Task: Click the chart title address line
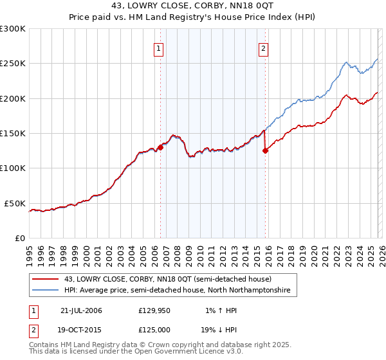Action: coord(192,6)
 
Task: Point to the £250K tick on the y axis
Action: coord(13,64)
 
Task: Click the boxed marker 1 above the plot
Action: coord(158,48)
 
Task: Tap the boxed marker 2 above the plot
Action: coord(264,48)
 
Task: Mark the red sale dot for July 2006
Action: coord(160,147)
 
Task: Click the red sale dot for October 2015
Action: coord(265,151)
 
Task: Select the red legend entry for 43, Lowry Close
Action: coord(168,279)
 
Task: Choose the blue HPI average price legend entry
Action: coord(177,291)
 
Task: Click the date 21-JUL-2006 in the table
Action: coord(81,310)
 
